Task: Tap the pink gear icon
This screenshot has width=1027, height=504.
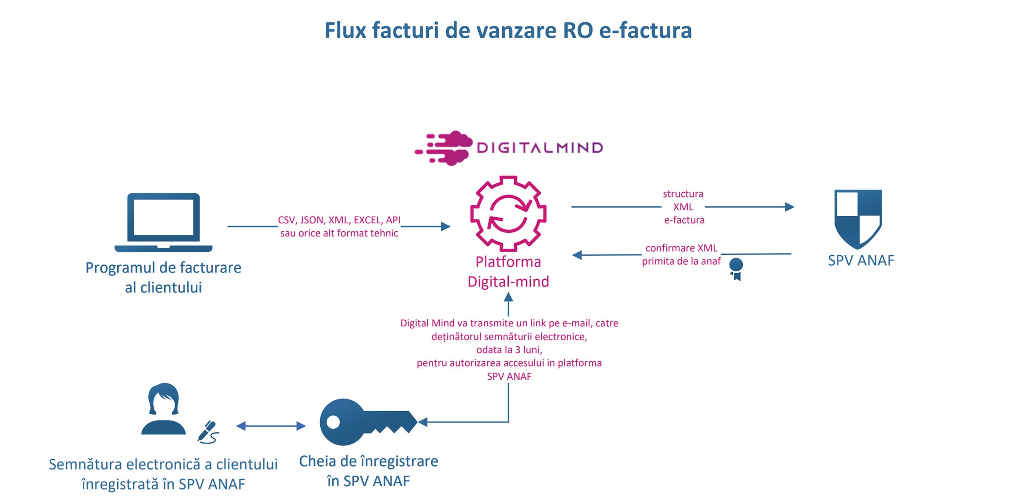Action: coord(508,214)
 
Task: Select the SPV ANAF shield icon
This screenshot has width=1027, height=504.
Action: coord(858,219)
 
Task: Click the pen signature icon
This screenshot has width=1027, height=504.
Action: coord(209,432)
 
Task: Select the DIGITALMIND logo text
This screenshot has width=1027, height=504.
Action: coord(539,148)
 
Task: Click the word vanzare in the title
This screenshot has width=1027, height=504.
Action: coord(516,31)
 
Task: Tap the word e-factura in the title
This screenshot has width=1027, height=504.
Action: coord(645,31)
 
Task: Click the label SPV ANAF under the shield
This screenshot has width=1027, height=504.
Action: coord(861,260)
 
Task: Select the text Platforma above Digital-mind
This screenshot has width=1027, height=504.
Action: coord(508,262)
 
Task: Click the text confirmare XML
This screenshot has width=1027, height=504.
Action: coord(681,248)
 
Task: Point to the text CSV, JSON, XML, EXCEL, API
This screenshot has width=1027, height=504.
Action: coord(339,220)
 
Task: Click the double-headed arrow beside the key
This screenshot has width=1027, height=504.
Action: coord(271,426)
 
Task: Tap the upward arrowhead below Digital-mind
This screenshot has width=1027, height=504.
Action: coord(508,297)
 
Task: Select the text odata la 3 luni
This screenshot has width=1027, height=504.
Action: coord(509,350)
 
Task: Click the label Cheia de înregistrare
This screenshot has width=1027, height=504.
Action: coord(369,461)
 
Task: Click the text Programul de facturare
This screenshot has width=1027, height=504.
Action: coord(163,268)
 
